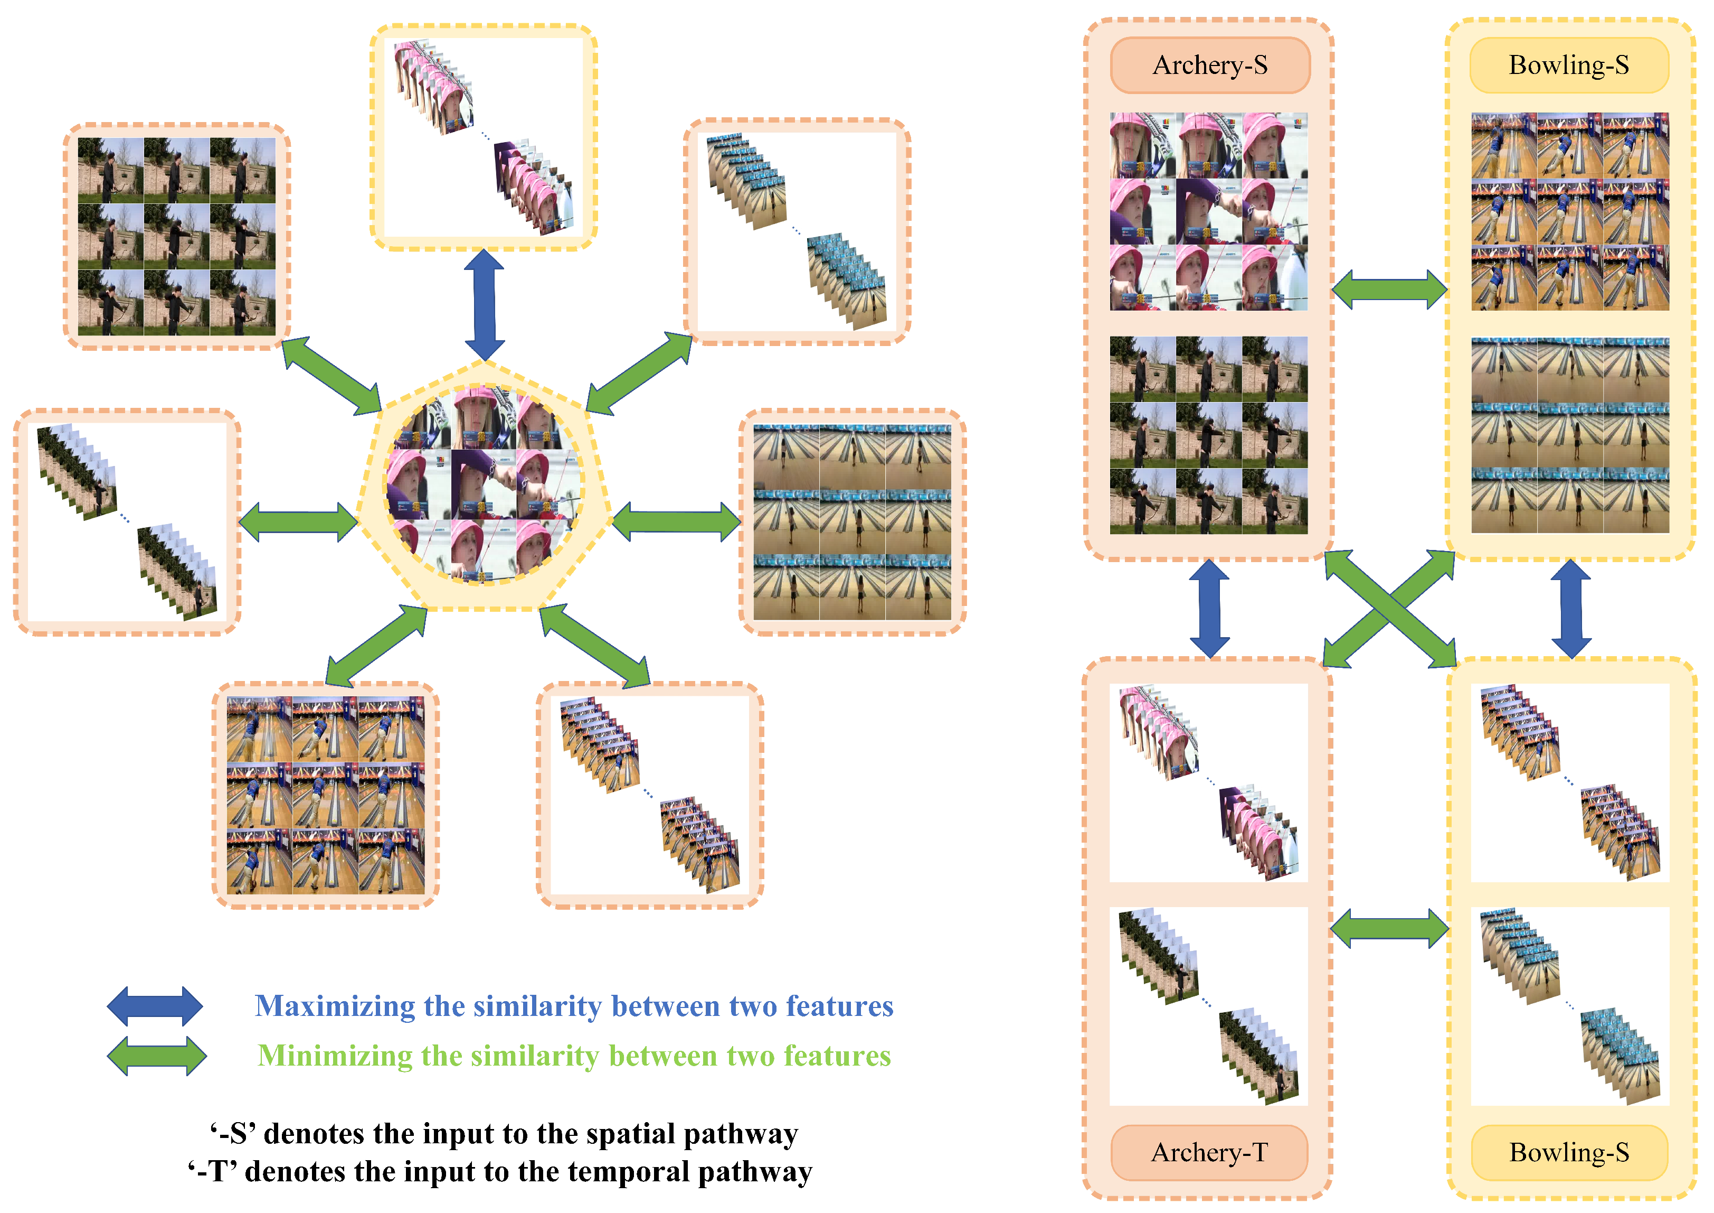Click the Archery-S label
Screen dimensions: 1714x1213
click(1210, 65)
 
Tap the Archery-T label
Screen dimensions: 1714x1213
click(1209, 1152)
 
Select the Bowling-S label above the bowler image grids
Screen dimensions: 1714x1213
click(1569, 65)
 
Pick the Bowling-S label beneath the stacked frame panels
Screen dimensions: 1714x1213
click(1569, 1152)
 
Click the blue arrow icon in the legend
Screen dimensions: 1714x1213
click(155, 1006)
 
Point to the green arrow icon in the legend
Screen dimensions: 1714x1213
click(157, 1056)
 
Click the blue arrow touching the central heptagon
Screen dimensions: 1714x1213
click(485, 305)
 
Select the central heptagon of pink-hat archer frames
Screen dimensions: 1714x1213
click(485, 486)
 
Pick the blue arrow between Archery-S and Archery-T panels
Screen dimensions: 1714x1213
click(1209, 609)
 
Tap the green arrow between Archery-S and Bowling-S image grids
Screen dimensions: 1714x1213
click(1390, 289)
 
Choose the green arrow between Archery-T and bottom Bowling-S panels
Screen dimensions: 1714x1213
click(1390, 928)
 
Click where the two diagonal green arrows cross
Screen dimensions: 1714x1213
click(1390, 608)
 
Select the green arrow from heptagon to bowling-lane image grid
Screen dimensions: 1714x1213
click(676, 521)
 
